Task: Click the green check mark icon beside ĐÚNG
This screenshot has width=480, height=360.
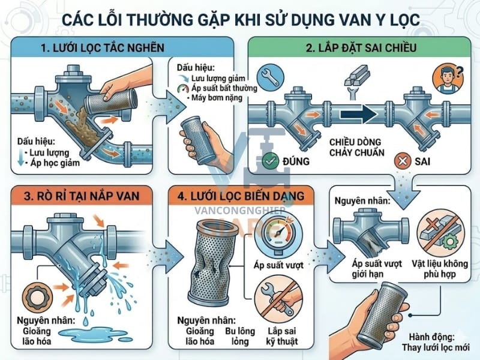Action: pyautogui.click(x=271, y=161)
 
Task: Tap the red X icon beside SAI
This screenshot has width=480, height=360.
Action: pyautogui.click(x=403, y=161)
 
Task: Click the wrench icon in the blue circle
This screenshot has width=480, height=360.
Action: pyautogui.click(x=268, y=78)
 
